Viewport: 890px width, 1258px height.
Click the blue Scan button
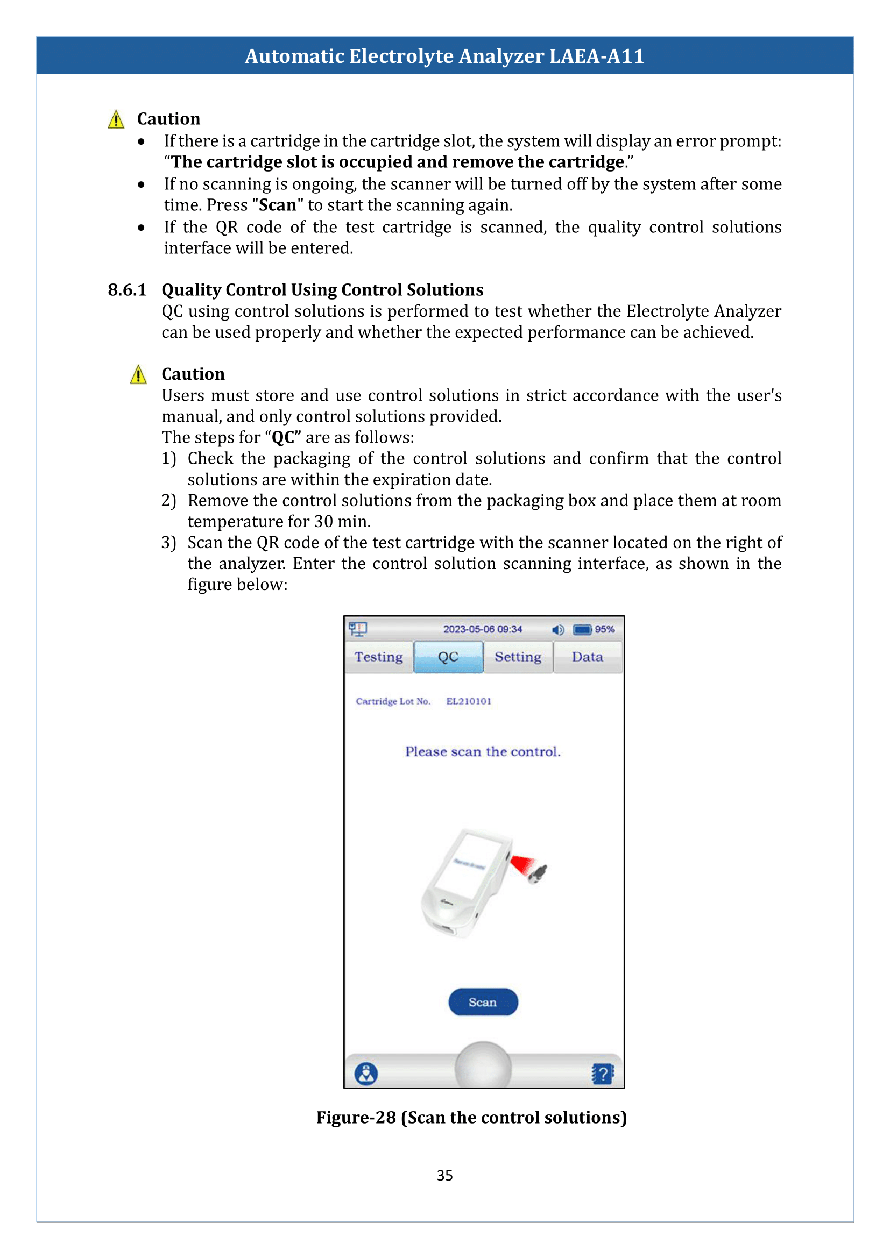(x=483, y=1002)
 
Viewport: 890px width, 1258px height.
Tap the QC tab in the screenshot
(x=448, y=657)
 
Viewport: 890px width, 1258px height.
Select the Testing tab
(x=379, y=657)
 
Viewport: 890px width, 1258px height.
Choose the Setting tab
(x=518, y=657)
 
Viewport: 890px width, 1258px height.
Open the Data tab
(x=588, y=657)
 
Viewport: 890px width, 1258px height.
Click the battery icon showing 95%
(x=583, y=630)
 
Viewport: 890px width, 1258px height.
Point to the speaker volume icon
(x=558, y=630)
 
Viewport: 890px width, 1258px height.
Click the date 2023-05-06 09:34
(x=482, y=630)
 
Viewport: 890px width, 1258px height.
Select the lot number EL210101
(x=469, y=701)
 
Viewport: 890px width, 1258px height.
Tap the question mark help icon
(x=602, y=1074)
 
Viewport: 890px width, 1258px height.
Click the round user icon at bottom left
(x=366, y=1074)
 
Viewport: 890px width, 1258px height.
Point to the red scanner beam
(x=522, y=865)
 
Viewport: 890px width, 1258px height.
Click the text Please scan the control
(x=483, y=752)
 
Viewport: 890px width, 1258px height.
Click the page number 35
(x=444, y=1176)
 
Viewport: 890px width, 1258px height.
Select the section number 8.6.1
(x=127, y=290)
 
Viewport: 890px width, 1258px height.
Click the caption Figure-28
(x=356, y=1118)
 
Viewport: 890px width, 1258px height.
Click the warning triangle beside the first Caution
(x=116, y=119)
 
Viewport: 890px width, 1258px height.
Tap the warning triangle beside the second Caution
(x=139, y=375)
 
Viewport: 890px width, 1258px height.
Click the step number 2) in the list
(x=168, y=501)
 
